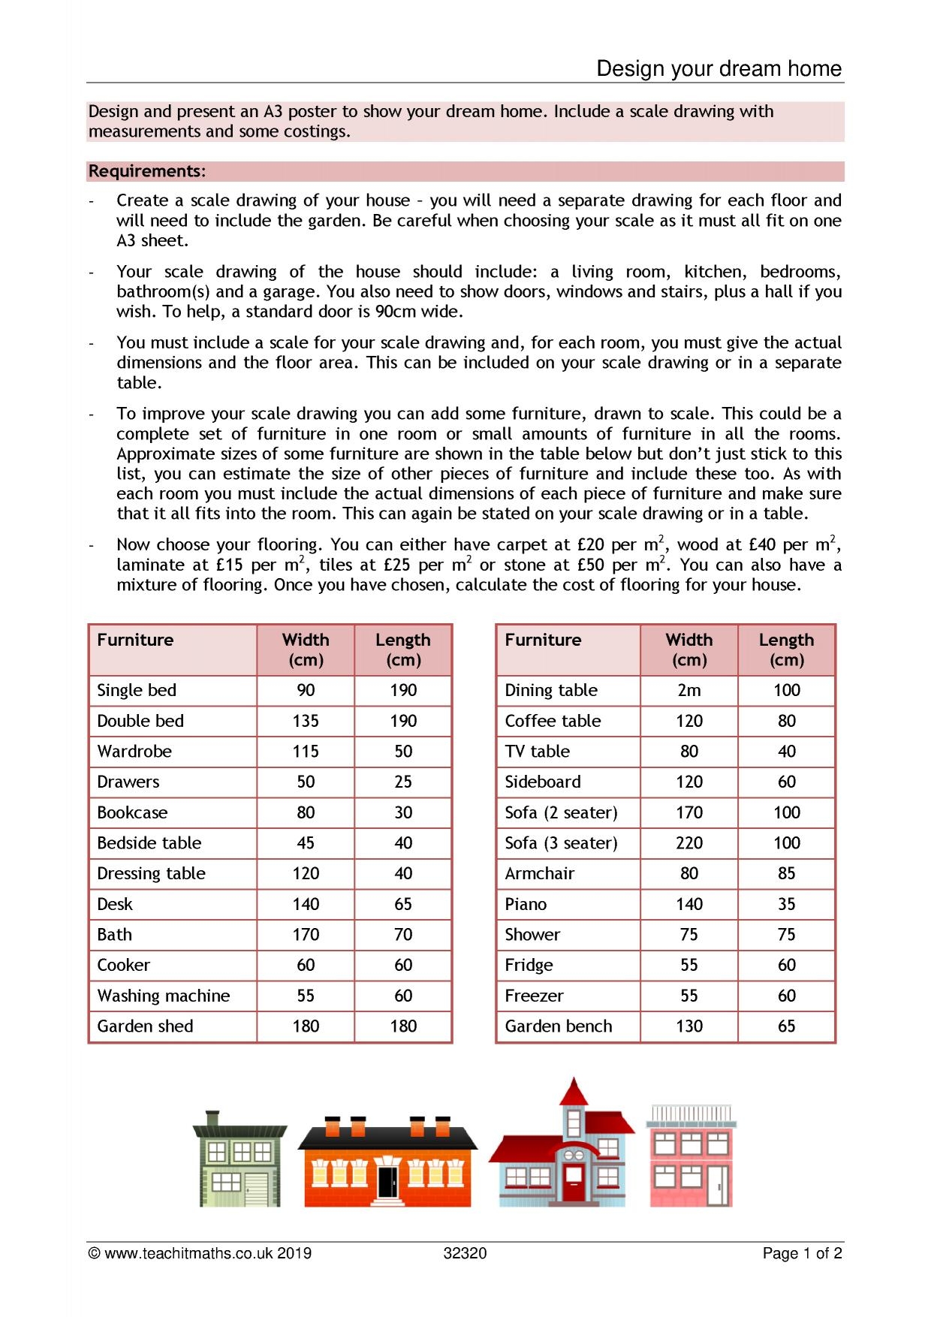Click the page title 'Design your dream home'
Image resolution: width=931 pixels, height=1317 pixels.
pyautogui.click(x=719, y=69)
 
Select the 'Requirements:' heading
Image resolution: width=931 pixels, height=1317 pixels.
pyautogui.click(x=146, y=171)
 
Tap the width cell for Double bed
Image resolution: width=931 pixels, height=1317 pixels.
pyautogui.click(x=306, y=721)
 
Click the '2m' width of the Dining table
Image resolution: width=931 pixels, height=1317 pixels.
pyautogui.click(x=688, y=690)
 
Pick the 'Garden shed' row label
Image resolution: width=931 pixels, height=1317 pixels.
pyautogui.click(x=145, y=1026)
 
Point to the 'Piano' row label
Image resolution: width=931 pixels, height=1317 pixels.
pyautogui.click(x=526, y=904)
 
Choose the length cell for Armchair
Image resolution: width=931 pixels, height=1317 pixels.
pyautogui.click(x=786, y=873)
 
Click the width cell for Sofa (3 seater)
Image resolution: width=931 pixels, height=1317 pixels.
pyautogui.click(x=688, y=842)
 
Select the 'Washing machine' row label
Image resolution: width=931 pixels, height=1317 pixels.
pyautogui.click(x=163, y=996)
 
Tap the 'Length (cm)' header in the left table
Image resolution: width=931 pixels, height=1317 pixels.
pyautogui.click(x=402, y=649)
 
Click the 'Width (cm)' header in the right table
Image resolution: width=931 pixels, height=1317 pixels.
pyautogui.click(x=688, y=649)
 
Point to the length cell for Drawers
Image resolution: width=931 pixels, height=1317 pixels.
pyautogui.click(x=402, y=782)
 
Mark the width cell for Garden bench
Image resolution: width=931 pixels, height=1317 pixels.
pyautogui.click(x=688, y=1026)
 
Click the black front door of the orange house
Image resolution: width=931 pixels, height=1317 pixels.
pyautogui.click(x=387, y=1182)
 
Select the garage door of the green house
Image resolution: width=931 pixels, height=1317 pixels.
pyautogui.click(x=255, y=1187)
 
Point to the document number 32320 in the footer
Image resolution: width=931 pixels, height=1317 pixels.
pyautogui.click(x=465, y=1253)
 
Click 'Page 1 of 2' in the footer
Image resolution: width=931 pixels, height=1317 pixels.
pyautogui.click(x=802, y=1253)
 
